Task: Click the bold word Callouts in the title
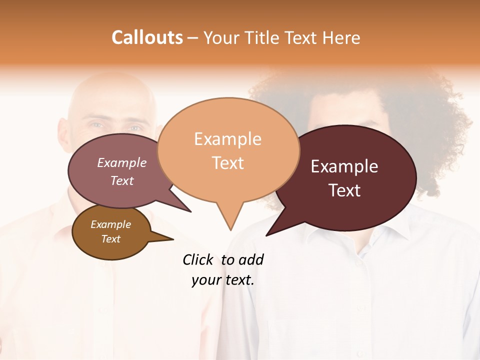click(x=147, y=37)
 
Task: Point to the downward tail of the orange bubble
click(x=229, y=220)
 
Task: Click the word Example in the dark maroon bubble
click(x=344, y=166)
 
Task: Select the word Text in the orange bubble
click(x=228, y=163)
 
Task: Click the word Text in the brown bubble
click(x=110, y=239)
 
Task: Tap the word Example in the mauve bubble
click(x=122, y=162)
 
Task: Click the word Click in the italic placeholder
click(x=199, y=259)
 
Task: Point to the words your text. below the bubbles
click(x=223, y=280)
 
